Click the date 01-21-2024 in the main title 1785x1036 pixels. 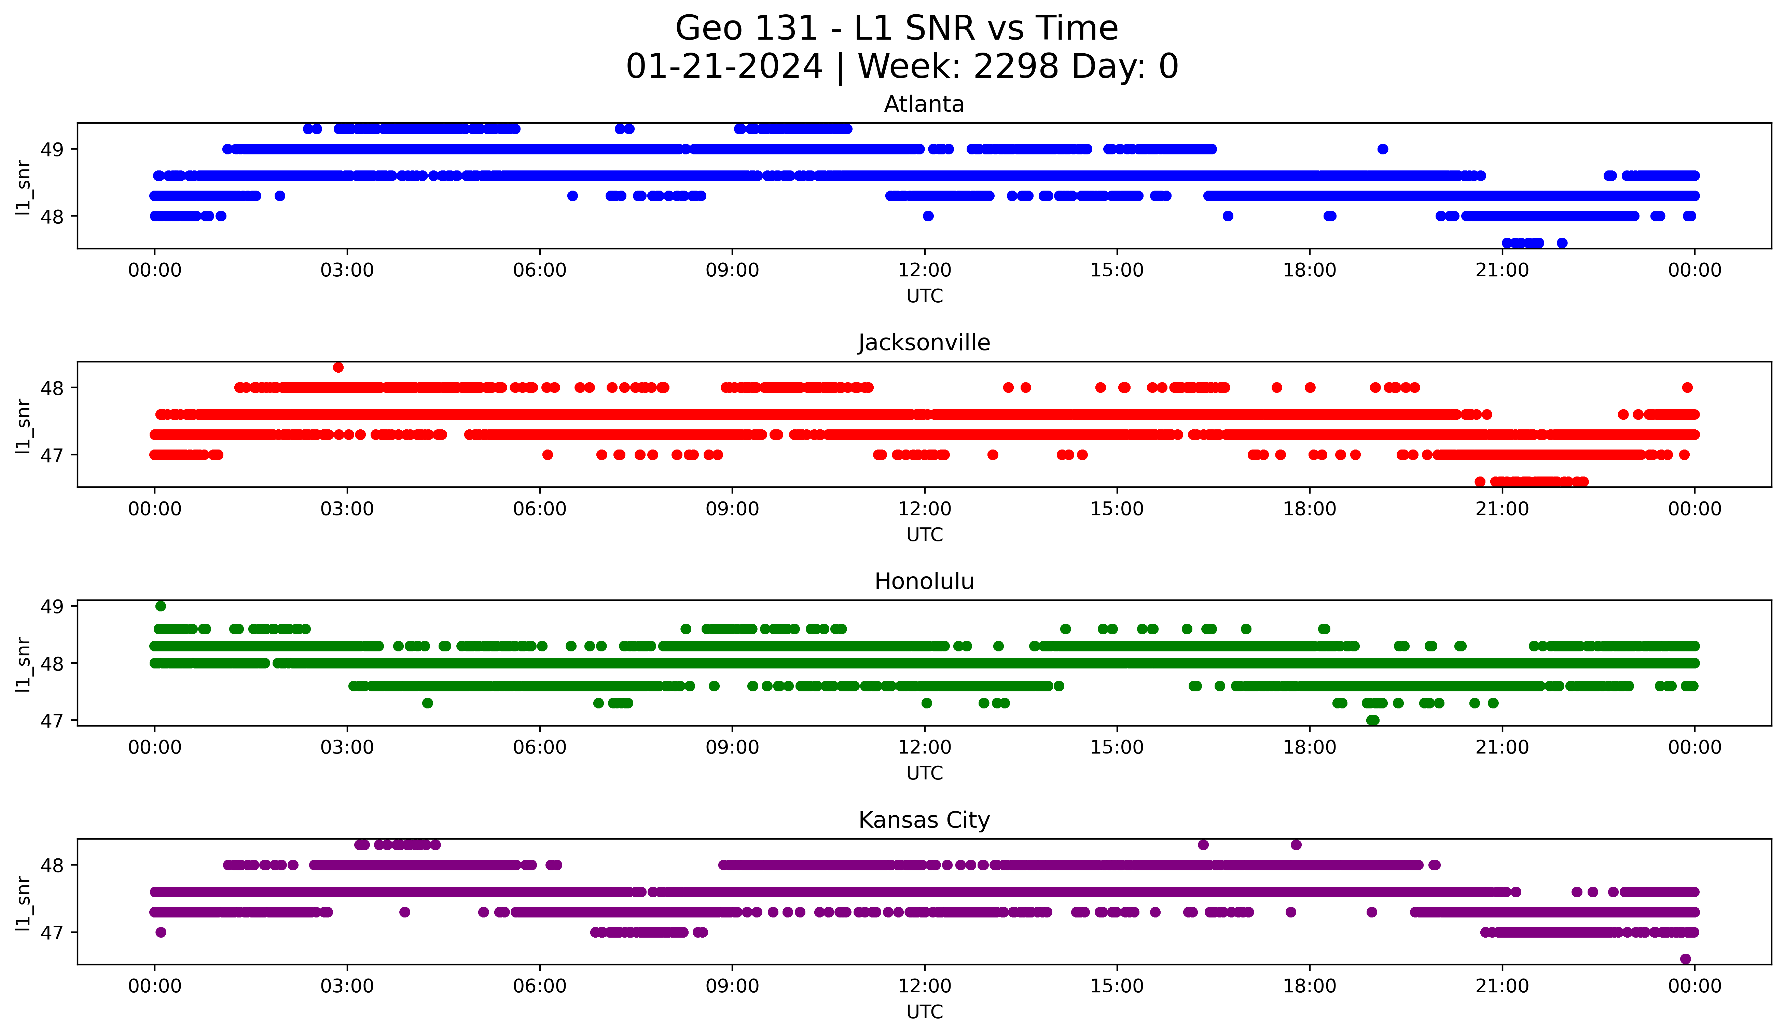(724, 67)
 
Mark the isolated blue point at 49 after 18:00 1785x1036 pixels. (1382, 149)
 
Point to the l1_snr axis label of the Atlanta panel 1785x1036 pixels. (23, 188)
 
